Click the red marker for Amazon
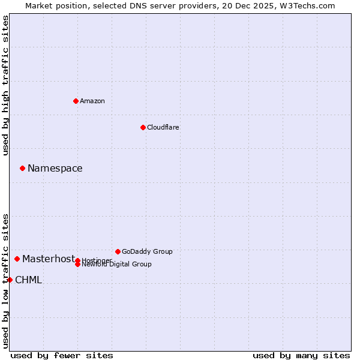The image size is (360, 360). [76, 101]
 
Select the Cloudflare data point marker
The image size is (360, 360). [143, 127]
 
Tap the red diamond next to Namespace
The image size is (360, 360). [22, 168]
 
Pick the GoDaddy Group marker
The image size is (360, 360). [118, 251]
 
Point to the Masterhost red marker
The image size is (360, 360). [17, 259]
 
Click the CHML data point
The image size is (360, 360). [10, 280]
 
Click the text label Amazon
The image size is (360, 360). [92, 101]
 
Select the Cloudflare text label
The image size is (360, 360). [163, 127]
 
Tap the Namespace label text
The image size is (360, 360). [55, 168]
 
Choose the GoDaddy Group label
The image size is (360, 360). [147, 251]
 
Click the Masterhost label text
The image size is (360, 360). [49, 259]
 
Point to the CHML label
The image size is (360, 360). [28, 280]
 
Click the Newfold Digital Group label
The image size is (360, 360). [116, 265]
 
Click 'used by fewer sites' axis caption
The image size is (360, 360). [62, 355]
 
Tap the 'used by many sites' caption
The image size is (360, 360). [301, 355]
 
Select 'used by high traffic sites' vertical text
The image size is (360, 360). [6, 85]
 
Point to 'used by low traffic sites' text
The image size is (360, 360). [6, 280]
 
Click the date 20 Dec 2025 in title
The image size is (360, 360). [257, 5]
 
